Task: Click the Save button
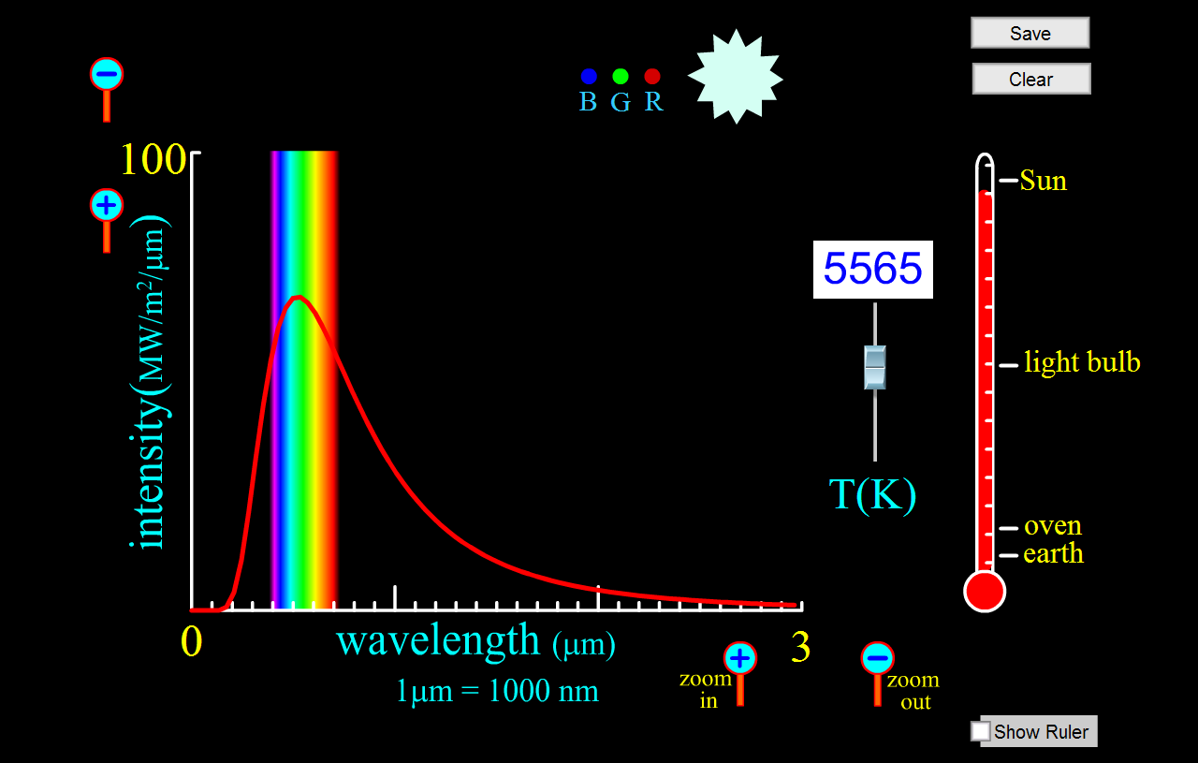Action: [1030, 33]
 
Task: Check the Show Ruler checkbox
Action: [980, 730]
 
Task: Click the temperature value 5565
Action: [872, 270]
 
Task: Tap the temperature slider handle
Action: [874, 366]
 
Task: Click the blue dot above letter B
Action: [589, 77]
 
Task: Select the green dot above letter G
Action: [621, 77]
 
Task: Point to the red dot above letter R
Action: [653, 77]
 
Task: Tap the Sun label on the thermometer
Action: [1043, 180]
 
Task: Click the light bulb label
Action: [1082, 362]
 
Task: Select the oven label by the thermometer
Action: [1053, 526]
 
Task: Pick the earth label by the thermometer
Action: [1053, 554]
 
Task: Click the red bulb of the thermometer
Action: [985, 592]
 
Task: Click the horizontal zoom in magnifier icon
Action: [740, 659]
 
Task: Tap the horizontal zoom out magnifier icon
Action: [877, 659]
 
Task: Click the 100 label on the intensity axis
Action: [153, 161]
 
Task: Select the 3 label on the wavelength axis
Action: [800, 648]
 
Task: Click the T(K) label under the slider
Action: [872, 495]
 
